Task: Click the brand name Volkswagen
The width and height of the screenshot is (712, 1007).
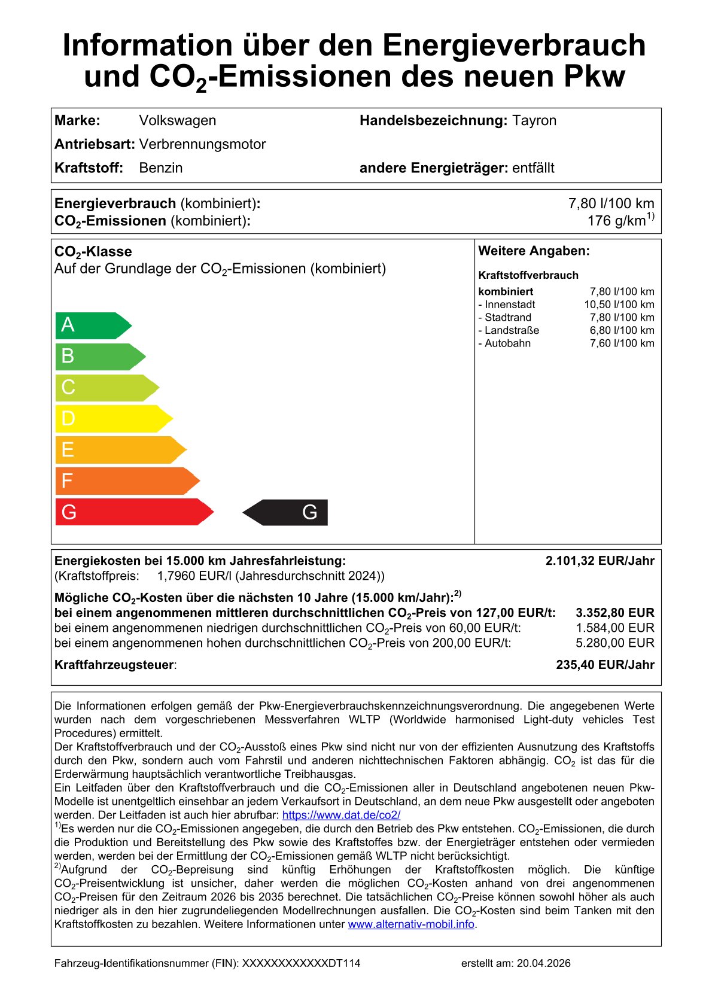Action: (x=178, y=120)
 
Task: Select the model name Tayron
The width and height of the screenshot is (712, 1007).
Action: (x=534, y=120)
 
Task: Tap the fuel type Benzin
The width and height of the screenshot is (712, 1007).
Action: (x=161, y=168)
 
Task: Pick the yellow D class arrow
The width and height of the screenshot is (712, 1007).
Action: (x=112, y=419)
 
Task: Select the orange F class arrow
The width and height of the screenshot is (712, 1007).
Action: (x=126, y=481)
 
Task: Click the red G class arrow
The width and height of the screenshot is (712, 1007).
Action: (x=133, y=512)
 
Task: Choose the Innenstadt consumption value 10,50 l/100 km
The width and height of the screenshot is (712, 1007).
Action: (x=619, y=305)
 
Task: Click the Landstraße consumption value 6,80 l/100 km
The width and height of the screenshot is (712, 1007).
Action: (x=622, y=330)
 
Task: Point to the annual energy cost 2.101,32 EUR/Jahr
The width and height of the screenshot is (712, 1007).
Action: (x=600, y=561)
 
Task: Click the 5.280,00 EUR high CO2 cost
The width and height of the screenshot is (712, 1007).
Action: (x=614, y=643)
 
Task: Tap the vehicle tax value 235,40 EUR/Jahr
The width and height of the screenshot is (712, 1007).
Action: (x=605, y=665)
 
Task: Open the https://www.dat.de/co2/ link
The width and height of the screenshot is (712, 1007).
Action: (x=341, y=815)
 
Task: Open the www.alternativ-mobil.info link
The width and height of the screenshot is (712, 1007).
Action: (x=411, y=924)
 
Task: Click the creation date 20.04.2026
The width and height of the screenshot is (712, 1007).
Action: (x=543, y=963)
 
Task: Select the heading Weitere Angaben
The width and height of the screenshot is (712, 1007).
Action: (x=534, y=251)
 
